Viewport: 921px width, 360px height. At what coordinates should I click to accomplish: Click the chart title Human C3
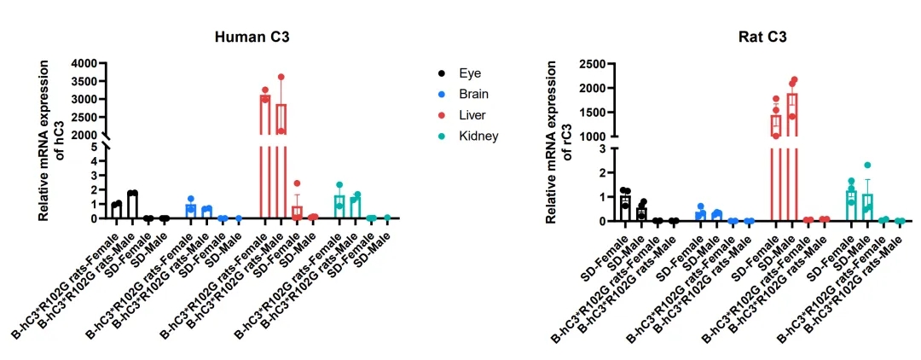coord(249,37)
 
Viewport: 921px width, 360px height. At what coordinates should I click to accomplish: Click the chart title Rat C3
coord(762,37)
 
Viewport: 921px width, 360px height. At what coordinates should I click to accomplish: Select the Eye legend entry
coord(470,73)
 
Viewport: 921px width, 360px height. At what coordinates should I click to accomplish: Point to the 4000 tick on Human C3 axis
coord(88,64)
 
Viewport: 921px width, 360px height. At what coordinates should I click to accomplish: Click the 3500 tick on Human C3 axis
coord(88,82)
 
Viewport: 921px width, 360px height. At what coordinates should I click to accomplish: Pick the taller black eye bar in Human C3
coord(132,206)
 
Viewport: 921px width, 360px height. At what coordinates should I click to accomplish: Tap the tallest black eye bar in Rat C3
coord(625,208)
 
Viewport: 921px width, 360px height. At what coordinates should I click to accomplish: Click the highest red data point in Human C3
coord(281,78)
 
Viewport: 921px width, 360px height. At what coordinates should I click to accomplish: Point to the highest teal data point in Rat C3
coord(867,165)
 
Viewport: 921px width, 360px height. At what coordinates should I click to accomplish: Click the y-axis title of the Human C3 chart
coord(49,142)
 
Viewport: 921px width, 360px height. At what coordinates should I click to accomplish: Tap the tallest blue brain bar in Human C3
coord(191,211)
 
